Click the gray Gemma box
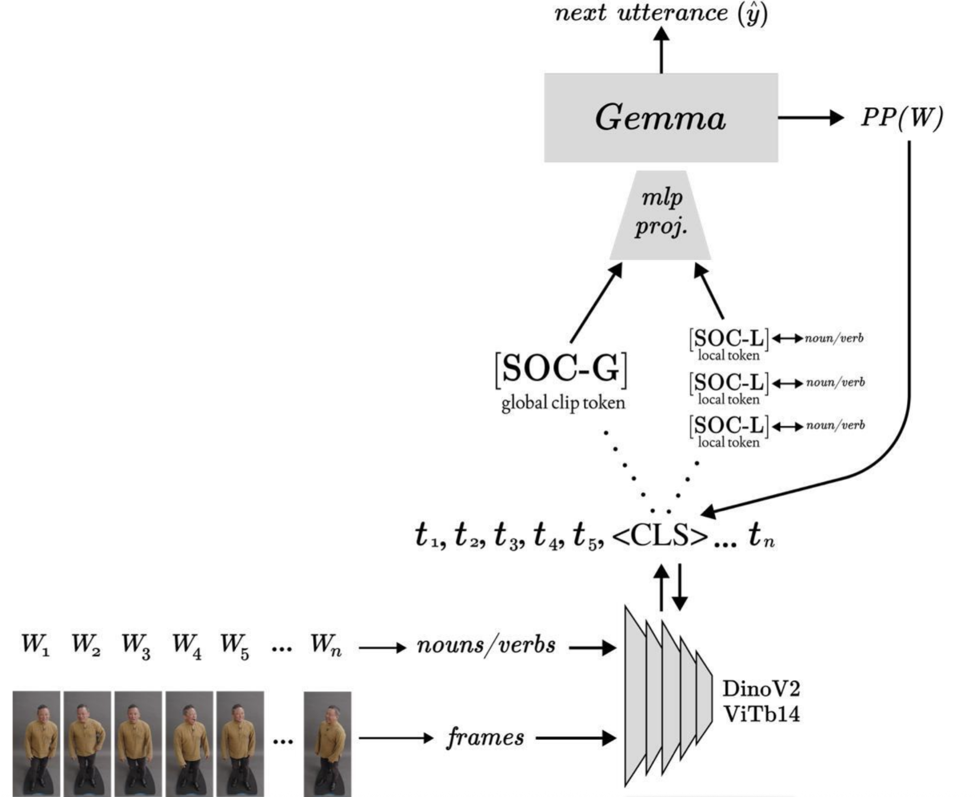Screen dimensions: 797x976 [661, 117]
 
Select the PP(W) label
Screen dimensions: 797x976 [902, 117]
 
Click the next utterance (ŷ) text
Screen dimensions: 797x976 [661, 13]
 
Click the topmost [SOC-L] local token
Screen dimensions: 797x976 [729, 339]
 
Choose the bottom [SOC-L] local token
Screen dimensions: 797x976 [729, 426]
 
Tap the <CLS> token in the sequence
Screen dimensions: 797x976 [660, 536]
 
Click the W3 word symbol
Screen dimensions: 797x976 [136, 646]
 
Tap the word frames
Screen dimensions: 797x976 [485, 738]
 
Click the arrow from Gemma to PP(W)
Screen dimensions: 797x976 [810, 118]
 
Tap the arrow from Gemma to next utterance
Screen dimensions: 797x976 [662, 50]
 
